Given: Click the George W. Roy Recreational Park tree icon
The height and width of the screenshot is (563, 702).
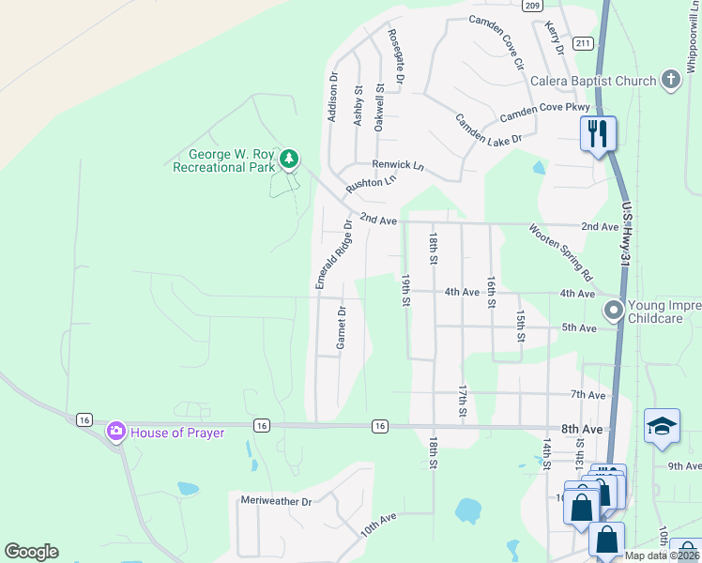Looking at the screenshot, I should (291, 160).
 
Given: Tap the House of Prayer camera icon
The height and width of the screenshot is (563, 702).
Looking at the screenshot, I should (116, 432).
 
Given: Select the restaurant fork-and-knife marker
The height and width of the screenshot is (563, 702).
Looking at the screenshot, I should (598, 133).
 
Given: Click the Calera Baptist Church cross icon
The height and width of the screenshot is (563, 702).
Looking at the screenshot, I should (670, 80).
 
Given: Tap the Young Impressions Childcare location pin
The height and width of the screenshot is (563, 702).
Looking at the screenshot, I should (614, 309).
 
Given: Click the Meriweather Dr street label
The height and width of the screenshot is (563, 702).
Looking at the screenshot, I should (276, 501).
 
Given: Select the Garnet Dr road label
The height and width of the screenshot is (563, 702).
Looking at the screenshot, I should (342, 328).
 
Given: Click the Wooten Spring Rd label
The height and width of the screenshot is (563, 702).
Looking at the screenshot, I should (560, 252).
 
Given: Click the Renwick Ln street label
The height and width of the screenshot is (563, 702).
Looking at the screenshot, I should (398, 165).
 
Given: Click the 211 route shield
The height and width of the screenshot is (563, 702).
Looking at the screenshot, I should (583, 43).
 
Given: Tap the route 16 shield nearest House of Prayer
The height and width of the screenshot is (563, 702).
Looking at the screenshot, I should (84, 419).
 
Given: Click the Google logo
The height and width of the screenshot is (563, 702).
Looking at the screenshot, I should (31, 552).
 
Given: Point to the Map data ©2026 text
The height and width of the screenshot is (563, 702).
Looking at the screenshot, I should (662, 555).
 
